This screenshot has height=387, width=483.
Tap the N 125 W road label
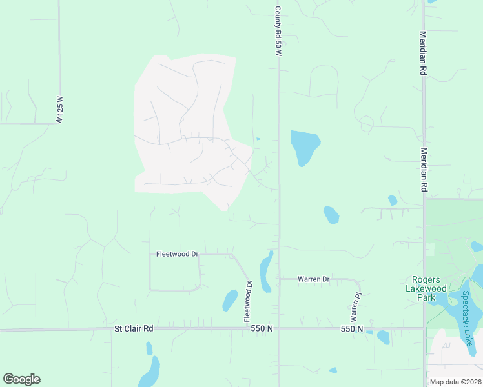(x=59, y=110)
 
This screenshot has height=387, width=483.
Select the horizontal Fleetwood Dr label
(x=177, y=255)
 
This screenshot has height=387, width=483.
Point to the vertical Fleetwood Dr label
(x=247, y=301)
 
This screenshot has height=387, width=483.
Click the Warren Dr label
(x=314, y=279)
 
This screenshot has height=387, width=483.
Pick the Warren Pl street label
(x=355, y=307)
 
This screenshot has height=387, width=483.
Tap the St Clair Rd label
(x=134, y=328)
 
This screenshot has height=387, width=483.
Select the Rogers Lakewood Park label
(x=426, y=288)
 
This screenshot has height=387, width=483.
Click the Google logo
(x=21, y=379)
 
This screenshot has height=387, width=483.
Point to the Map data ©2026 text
(x=455, y=382)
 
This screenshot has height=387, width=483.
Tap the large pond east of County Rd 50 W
(x=305, y=146)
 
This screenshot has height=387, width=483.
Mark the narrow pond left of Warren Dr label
(x=265, y=271)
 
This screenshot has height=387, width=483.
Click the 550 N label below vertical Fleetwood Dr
(x=262, y=329)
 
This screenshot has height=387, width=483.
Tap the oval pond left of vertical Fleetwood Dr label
(x=230, y=300)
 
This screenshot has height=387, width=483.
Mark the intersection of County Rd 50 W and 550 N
(x=279, y=329)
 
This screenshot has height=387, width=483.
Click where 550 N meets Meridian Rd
(x=424, y=329)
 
